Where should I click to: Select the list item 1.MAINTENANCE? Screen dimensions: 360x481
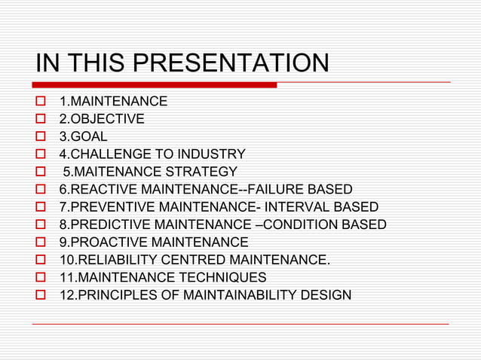113,102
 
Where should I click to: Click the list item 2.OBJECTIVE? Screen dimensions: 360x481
102,119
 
